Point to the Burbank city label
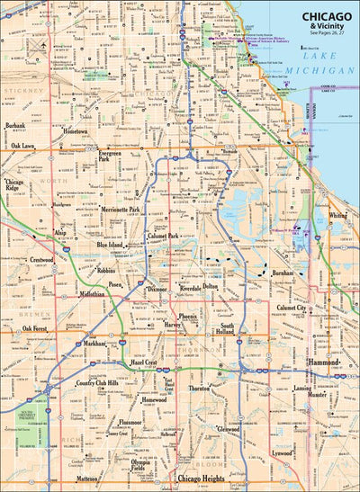pos(14,126)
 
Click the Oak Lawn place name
pos(23,145)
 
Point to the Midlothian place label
pos(93,294)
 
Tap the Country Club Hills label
pos(98,383)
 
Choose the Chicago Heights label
pos(201,478)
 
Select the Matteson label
pos(86,479)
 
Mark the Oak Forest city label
pos(38,329)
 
